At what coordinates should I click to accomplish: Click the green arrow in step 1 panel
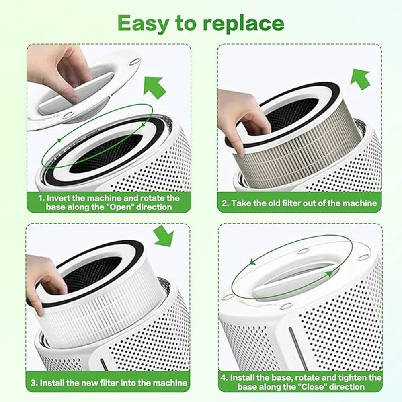point(154,87)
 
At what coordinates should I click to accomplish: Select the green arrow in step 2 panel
point(360,79)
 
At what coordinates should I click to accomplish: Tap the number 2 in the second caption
point(224,203)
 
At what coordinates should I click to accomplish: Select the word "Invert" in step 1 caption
point(58,198)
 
